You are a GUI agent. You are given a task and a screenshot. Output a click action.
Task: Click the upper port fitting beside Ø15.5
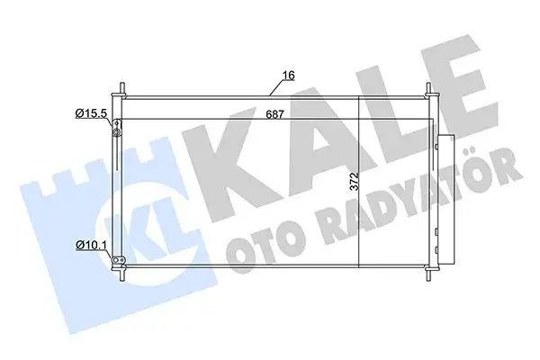pos(116,133)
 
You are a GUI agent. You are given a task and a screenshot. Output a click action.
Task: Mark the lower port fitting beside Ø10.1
pos(115,260)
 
